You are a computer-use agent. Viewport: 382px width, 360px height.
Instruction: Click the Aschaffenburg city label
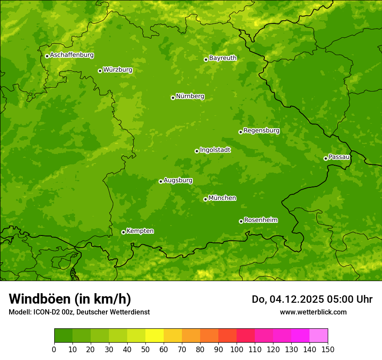(72, 55)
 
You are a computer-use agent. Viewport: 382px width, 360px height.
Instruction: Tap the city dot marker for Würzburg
(100, 71)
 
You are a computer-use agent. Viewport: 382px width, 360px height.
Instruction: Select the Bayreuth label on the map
(223, 58)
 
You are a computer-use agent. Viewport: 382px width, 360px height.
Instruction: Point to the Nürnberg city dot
(173, 98)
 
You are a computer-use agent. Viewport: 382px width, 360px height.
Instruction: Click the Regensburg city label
(261, 131)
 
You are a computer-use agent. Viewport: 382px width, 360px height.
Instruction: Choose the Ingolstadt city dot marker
(197, 151)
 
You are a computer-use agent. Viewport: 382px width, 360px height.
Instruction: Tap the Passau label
(339, 157)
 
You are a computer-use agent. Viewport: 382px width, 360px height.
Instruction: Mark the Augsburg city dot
(161, 181)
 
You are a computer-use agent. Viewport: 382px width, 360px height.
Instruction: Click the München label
(222, 198)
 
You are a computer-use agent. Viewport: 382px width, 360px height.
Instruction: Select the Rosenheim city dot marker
(241, 221)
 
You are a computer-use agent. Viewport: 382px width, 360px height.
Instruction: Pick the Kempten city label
(140, 231)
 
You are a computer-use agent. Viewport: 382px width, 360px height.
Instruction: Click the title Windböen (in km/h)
(70, 299)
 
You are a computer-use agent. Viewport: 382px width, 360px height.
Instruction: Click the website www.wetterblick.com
(313, 312)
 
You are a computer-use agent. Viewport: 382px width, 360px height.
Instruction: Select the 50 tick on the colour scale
(145, 349)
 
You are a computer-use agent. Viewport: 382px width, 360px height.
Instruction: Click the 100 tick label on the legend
(237, 349)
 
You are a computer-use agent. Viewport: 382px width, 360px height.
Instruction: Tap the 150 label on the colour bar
(328, 349)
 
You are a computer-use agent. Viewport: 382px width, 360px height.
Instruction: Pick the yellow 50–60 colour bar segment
(155, 335)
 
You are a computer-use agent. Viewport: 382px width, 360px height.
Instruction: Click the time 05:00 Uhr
(355, 299)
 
